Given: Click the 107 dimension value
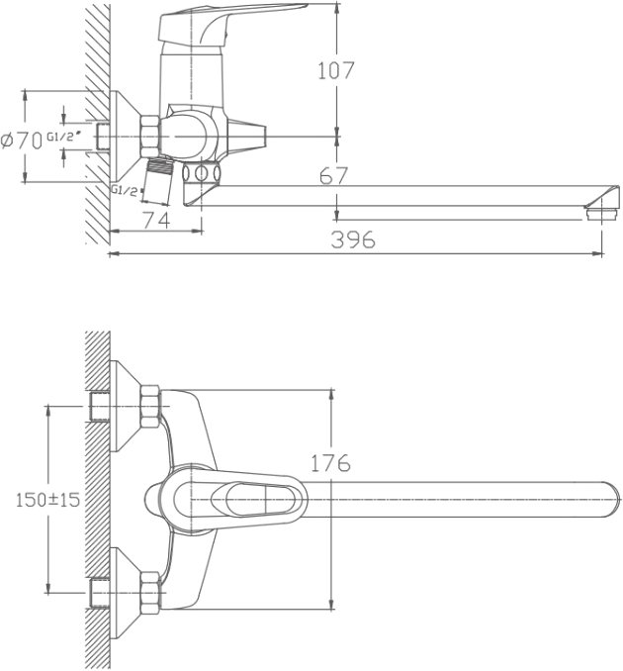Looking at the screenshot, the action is coord(336,70).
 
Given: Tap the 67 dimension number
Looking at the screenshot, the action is coord(334,175).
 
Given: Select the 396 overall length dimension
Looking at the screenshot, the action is coord(353,240).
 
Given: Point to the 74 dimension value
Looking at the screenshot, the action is coord(156,220).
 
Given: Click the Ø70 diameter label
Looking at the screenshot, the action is coord(22,141).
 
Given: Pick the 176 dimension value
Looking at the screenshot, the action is coord(330,463).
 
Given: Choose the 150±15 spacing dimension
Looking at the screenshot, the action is coord(47,500).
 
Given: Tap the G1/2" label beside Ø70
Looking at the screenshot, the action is coord(63,137).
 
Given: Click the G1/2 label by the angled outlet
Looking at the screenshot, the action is coord(125,190).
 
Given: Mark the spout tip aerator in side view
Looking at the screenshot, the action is coord(602,213).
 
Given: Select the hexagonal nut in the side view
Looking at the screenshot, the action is coord(149,137).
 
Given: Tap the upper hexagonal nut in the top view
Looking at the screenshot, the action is coord(150,407).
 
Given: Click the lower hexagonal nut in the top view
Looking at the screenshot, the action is coord(150,594).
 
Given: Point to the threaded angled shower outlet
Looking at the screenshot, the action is coord(157,180).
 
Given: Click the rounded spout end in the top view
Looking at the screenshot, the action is coord(610,500).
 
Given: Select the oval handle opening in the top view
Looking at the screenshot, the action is coord(258,500).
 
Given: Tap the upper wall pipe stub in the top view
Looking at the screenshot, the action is coord(100,407).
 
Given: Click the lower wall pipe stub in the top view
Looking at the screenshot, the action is coord(100,594).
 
